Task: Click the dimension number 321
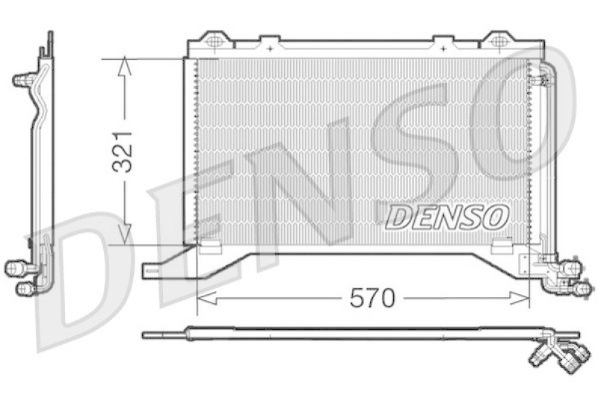click(123, 149)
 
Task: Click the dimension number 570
click(372, 299)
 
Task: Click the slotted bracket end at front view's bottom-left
click(154, 270)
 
